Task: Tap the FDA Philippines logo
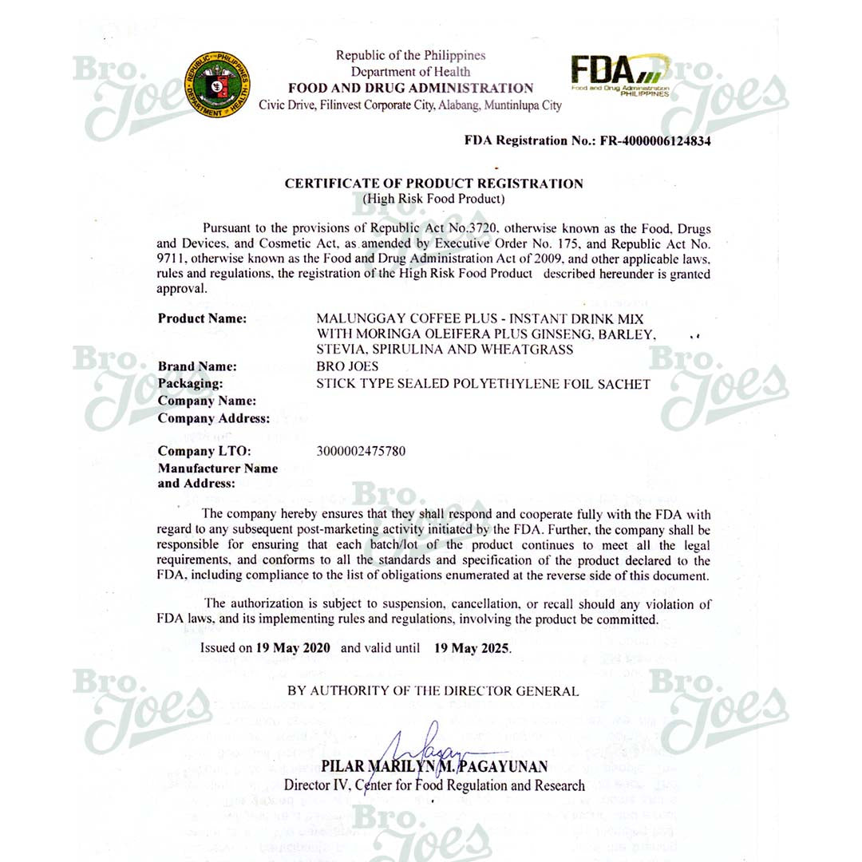pyautogui.click(x=619, y=77)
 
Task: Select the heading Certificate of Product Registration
pyautogui.click(x=434, y=184)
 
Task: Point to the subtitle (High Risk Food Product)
pyautogui.click(x=434, y=198)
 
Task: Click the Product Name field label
pyautogui.click(x=202, y=318)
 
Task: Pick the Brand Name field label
pyautogui.click(x=197, y=366)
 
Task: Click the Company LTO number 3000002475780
pyautogui.click(x=361, y=451)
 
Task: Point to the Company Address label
pyautogui.click(x=213, y=418)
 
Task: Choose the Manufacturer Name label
pyautogui.click(x=218, y=469)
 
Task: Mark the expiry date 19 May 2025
pyautogui.click(x=471, y=648)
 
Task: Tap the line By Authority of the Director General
pyautogui.click(x=433, y=691)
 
